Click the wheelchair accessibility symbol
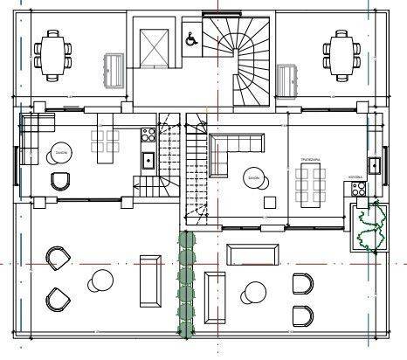(190, 38)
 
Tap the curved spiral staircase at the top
(239, 52)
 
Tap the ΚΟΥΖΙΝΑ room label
(355, 177)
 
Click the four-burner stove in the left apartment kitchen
(148, 135)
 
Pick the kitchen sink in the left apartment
(148, 160)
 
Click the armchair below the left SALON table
(60, 180)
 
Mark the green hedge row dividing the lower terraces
(185, 284)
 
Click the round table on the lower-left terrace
(100, 280)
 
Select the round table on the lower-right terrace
(256, 292)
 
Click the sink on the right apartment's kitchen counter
(373, 163)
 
